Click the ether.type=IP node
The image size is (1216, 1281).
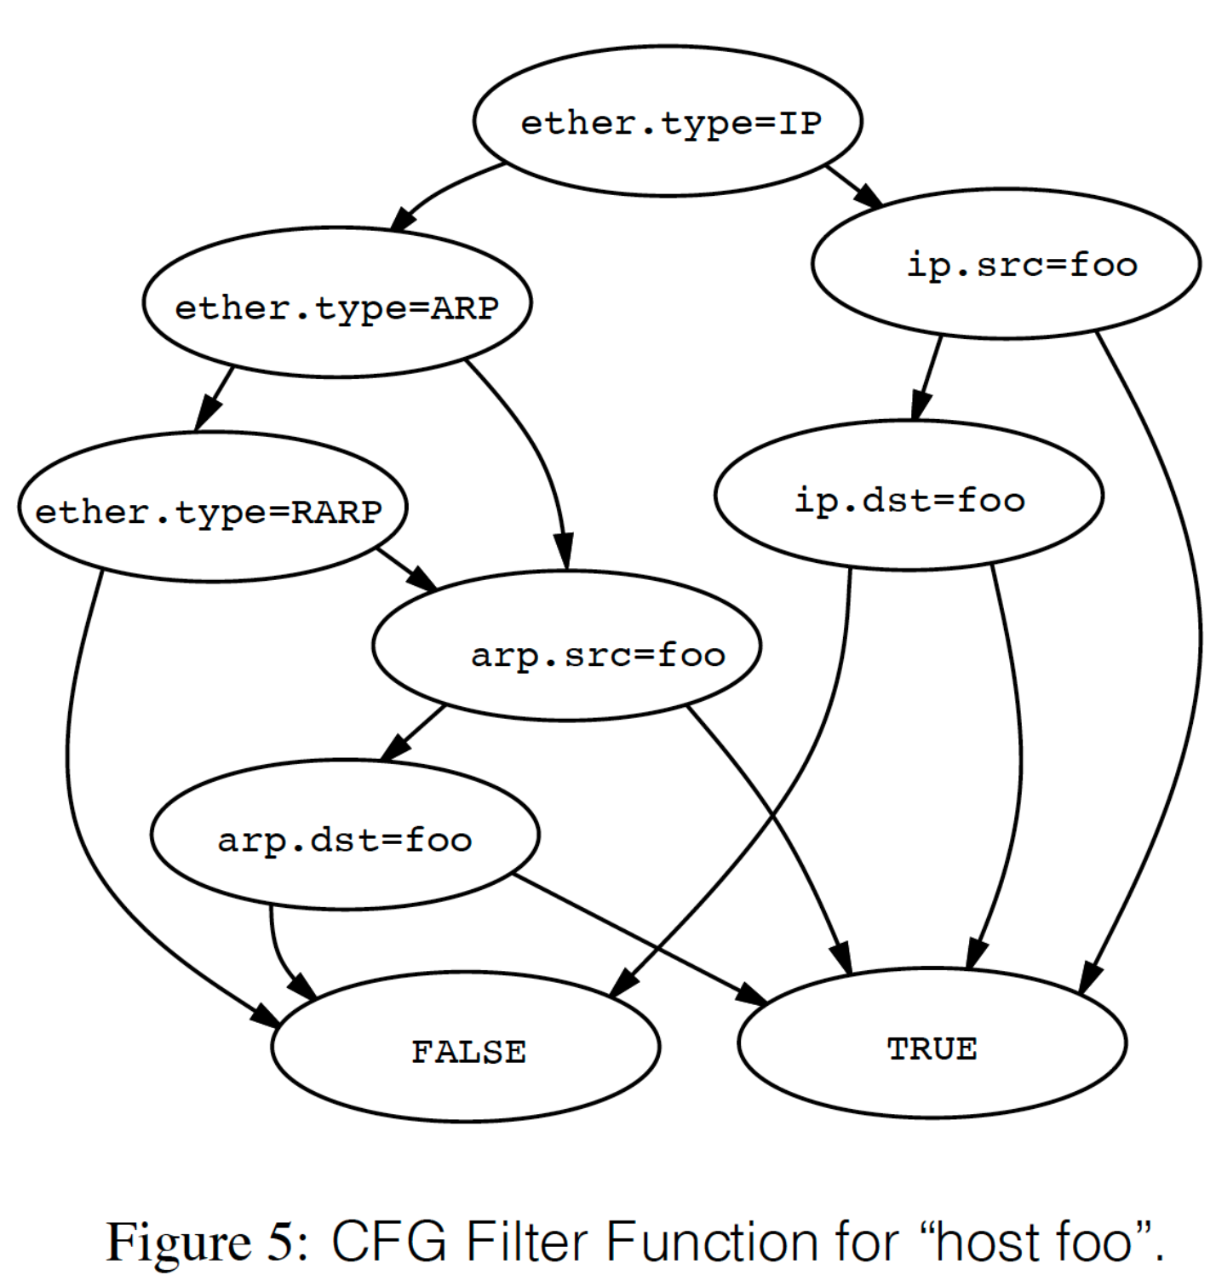pos(668,121)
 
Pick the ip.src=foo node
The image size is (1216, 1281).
pos(1006,264)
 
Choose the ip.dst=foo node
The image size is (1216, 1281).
pos(909,496)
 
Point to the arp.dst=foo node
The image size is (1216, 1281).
pos(345,836)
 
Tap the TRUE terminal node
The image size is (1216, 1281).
pos(932,1044)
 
